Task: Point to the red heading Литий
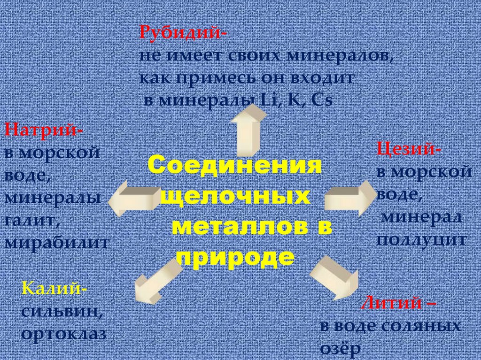pos(397,303)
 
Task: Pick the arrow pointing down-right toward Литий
pos(333,277)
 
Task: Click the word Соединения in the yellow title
pos(234,166)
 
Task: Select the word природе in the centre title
pos(235,257)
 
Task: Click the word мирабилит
pos(57,243)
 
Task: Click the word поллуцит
pos(421,240)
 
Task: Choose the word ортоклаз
pos(63,334)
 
